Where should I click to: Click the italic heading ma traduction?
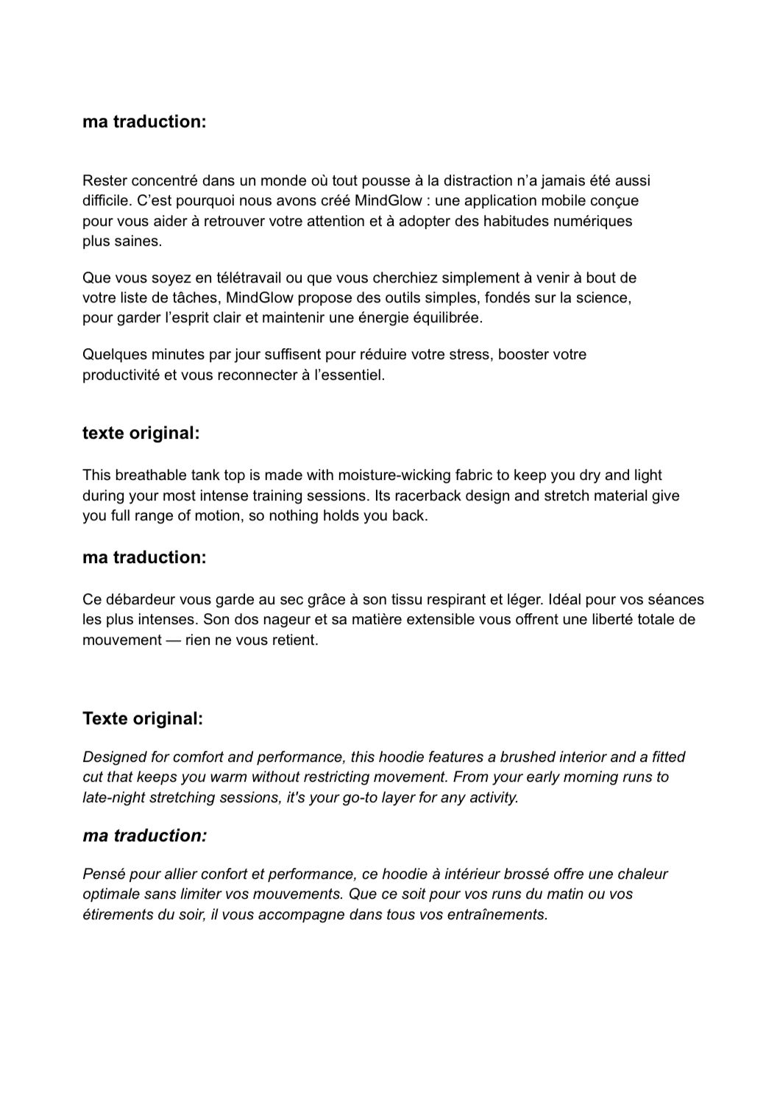tap(144, 835)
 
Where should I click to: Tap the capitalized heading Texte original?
tap(142, 718)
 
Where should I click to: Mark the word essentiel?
tap(350, 375)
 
